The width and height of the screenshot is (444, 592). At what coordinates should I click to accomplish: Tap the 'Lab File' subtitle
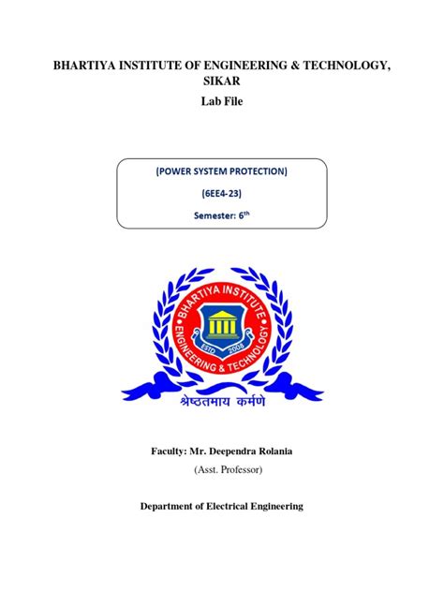tap(221, 101)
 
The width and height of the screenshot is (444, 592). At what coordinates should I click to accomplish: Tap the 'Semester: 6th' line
tap(221, 215)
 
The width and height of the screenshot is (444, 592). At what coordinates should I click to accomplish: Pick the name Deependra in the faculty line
tap(232, 451)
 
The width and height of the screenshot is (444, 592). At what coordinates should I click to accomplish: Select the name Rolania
tap(278, 451)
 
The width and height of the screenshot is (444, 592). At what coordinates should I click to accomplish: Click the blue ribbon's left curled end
tap(134, 386)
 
